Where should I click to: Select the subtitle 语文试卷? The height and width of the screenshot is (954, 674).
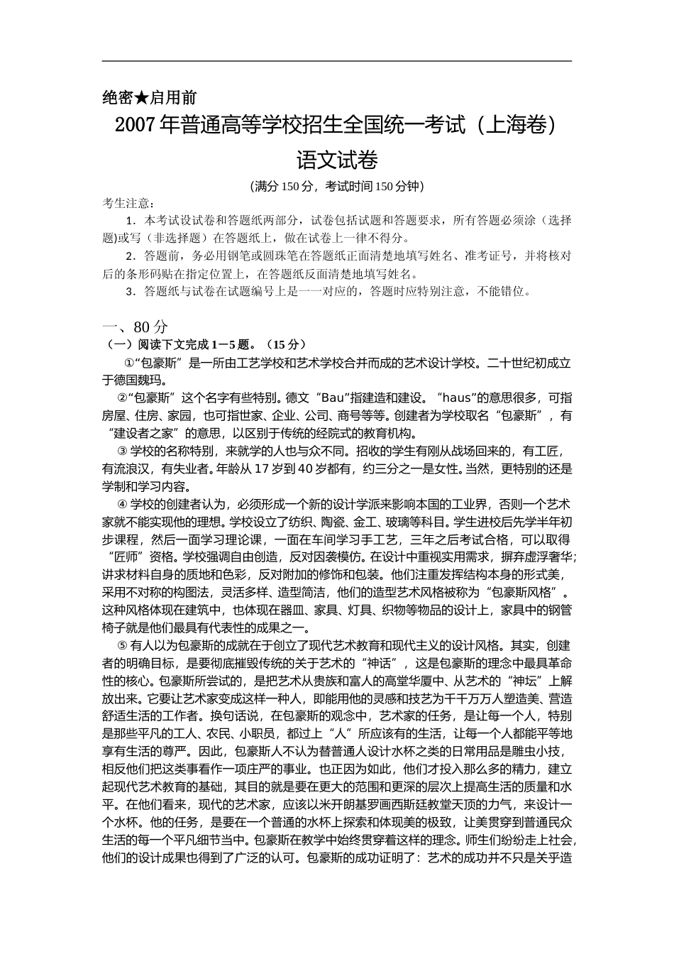tap(336, 160)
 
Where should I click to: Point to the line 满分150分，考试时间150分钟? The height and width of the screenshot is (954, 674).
tap(337, 187)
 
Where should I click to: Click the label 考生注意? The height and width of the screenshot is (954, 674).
tap(126, 204)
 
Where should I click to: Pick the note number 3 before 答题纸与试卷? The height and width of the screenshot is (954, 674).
tap(129, 291)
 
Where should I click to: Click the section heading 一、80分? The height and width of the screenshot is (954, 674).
tap(136, 327)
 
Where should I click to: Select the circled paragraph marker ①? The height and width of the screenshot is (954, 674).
tap(129, 363)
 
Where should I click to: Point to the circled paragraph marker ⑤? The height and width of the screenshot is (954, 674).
tap(122, 645)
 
